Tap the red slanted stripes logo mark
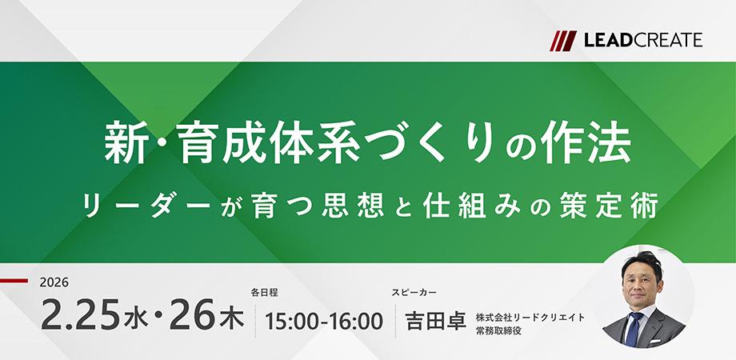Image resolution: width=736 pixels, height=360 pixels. (x=563, y=40)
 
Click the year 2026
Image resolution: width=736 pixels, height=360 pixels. (x=54, y=282)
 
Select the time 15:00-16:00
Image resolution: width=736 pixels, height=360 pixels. (x=324, y=321)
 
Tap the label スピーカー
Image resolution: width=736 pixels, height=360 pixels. (x=414, y=293)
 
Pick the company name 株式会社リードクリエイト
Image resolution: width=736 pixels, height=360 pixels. (x=530, y=317)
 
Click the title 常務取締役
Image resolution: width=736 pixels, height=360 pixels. (x=500, y=330)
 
